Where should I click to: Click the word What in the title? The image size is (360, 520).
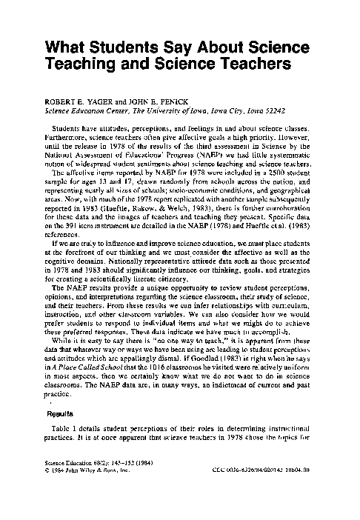pos(67,49)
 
